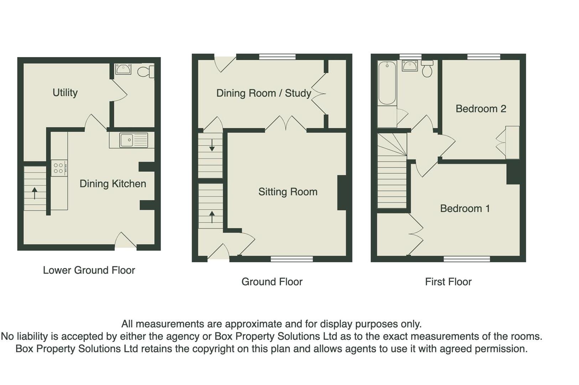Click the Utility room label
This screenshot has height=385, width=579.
(x=65, y=93)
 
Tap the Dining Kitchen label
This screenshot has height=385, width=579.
(x=113, y=184)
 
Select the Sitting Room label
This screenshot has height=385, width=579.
(x=288, y=192)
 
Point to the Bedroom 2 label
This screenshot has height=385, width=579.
(x=481, y=109)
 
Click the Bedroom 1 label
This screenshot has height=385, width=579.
(x=465, y=209)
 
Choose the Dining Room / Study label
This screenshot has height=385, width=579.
(x=264, y=93)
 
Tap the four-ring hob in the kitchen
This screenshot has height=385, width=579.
(x=59, y=168)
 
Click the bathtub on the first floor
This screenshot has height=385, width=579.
(x=387, y=83)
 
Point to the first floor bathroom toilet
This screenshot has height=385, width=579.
(x=427, y=69)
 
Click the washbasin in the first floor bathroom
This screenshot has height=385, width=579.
(x=410, y=66)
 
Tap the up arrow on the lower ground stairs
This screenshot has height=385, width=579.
(x=35, y=193)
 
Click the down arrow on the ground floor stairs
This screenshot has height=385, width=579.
(x=212, y=145)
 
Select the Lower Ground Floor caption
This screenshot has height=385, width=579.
(x=89, y=270)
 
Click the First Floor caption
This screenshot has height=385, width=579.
(x=448, y=282)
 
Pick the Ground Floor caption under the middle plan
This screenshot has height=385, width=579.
(x=272, y=282)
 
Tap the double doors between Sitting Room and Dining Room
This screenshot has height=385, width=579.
(x=286, y=123)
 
